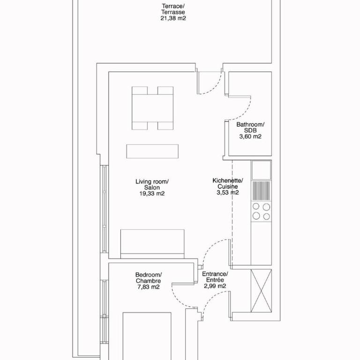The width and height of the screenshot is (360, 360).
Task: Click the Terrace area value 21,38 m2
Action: click(173, 18)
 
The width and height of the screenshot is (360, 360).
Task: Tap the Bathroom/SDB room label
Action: click(250, 127)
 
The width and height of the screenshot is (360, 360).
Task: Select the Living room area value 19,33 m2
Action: click(152, 194)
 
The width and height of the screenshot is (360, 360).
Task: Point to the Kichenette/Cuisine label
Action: click(228, 183)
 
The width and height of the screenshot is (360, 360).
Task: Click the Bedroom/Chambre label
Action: click(149, 278)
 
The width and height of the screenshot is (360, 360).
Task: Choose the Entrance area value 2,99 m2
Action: click(215, 286)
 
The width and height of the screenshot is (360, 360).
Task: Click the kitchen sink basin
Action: click(261, 170)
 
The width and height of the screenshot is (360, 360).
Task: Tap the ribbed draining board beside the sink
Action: click(261, 191)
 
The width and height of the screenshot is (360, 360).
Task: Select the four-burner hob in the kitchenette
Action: click(261, 211)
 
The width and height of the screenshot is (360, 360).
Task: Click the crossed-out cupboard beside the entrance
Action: click(261, 291)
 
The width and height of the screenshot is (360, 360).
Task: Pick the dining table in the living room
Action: click(152, 108)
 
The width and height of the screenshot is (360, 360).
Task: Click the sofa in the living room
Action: click(152, 244)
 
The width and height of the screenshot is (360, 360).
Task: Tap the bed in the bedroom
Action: click(147, 336)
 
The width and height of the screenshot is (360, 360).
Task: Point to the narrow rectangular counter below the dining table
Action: click(152, 151)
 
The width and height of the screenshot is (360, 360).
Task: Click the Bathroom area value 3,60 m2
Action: click(250, 136)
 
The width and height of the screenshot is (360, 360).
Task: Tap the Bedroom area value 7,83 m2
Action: click(149, 287)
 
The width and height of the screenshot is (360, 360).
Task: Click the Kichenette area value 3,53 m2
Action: click(228, 193)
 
